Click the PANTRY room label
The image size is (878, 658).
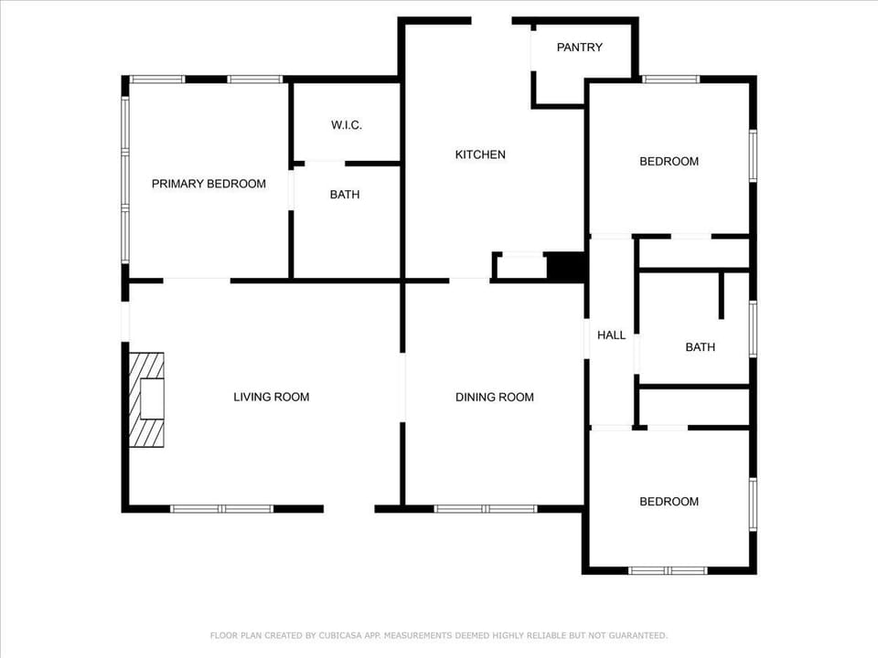[x=580, y=48]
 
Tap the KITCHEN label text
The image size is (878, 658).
[x=480, y=154]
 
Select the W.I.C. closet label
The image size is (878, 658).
[x=347, y=125]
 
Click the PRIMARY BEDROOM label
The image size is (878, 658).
[x=209, y=184]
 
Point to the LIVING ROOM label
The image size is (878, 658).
[x=272, y=397]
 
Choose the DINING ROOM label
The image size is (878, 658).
[x=495, y=397]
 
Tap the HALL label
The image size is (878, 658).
[x=611, y=335]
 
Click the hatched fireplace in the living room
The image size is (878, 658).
[x=146, y=399]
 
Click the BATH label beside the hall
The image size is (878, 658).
[x=700, y=347]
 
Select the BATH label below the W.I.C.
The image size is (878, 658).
[x=345, y=195]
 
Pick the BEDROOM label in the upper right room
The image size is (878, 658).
[x=669, y=162]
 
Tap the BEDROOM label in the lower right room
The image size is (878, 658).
[x=669, y=502]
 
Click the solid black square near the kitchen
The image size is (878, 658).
[x=566, y=266]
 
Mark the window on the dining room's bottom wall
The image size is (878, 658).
[x=486, y=508]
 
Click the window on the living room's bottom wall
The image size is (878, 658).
[x=222, y=508]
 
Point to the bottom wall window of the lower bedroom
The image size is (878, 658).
[x=668, y=570]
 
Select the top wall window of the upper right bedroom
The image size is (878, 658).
[x=670, y=80]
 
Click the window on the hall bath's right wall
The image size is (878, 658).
[x=753, y=328]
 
